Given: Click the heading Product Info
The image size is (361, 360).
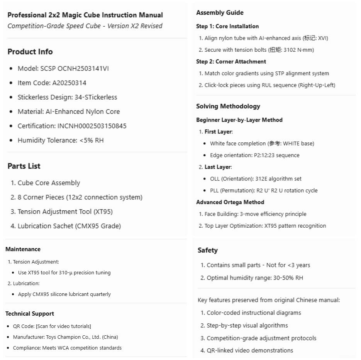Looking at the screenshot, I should pyautogui.click(x=30, y=52).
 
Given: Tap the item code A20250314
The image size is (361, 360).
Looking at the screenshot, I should pyautogui.click(x=69, y=83).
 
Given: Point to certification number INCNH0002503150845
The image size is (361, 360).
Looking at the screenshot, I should pyautogui.click(x=92, y=126).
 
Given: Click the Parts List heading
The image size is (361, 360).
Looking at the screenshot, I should pyautogui.click(x=24, y=166).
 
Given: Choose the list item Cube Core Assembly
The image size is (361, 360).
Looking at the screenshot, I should pyautogui.click(x=49, y=183).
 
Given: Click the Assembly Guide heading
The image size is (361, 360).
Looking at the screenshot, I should pyautogui.click(x=220, y=13).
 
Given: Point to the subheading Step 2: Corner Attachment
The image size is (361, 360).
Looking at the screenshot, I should pyautogui.click(x=231, y=61).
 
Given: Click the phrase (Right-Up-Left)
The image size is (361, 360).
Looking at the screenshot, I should pyautogui.click(x=317, y=85).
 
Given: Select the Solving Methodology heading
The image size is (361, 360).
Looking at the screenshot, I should pyautogui.click(x=228, y=106).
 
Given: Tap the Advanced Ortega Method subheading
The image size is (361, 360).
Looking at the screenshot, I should pyautogui.click(x=230, y=202).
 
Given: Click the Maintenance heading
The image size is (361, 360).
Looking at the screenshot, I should pyautogui.click(x=23, y=249).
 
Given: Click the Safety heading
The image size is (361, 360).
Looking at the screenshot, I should pyautogui.click(x=207, y=250).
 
